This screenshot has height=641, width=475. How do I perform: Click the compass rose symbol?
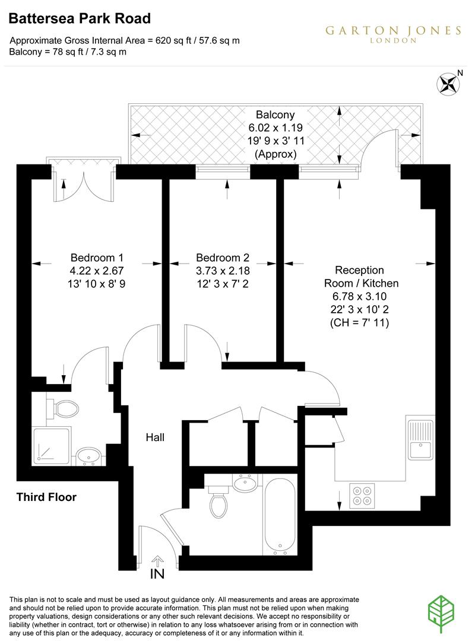[x=450, y=82]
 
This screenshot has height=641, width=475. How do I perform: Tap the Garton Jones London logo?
[x=392, y=33]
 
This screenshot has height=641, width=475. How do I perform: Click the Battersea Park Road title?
[x=79, y=19]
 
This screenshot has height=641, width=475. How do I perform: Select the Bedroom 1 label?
[x=97, y=258]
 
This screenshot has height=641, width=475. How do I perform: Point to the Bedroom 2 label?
[x=223, y=258]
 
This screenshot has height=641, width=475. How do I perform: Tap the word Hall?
[x=155, y=438]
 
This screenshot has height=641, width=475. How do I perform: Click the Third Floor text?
[x=46, y=497]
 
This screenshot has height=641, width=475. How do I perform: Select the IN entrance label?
[x=157, y=574]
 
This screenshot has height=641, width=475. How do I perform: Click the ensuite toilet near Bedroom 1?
[x=63, y=408]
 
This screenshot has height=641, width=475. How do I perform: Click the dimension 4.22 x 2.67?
[x=97, y=271]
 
